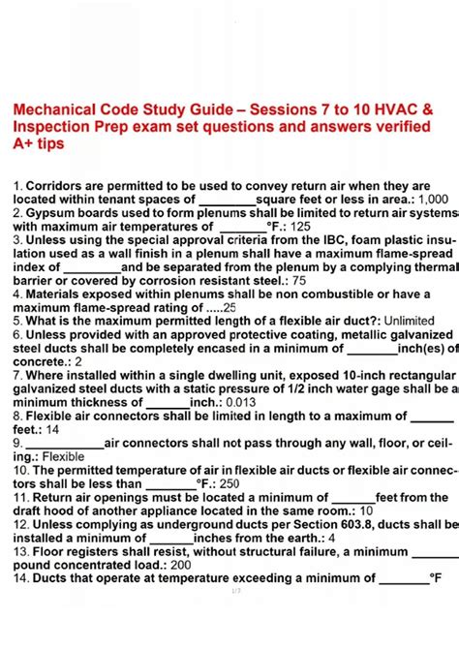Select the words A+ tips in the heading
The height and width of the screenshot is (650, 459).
pyautogui.click(x=38, y=144)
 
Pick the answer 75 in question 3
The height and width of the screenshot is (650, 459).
pyautogui.click(x=298, y=280)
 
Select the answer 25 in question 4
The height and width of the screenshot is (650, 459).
pyautogui.click(x=229, y=308)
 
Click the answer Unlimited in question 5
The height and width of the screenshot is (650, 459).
pyautogui.click(x=408, y=321)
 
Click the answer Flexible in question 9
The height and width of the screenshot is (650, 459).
pyautogui.click(x=63, y=456)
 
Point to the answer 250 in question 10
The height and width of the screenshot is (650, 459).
pyautogui.click(x=229, y=483)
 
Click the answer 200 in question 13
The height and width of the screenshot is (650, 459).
pyautogui.click(x=180, y=564)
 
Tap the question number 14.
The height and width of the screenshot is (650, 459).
pyautogui.click(x=20, y=577)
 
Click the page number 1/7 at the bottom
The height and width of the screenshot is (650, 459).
pyautogui.click(x=235, y=590)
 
